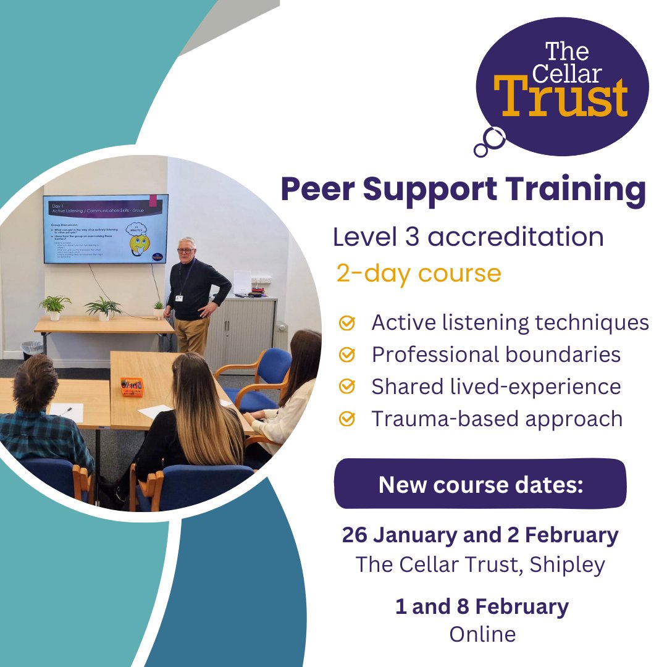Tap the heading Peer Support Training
pos(463,190)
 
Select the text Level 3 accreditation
pos(468,237)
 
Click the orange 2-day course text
pos(418,272)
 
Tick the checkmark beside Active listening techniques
pos(348,322)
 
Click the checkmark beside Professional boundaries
pos(348,354)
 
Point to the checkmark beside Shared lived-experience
pos(348,387)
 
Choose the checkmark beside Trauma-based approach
pos(348,419)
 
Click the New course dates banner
pos(480,484)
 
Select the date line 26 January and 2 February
pos(480,535)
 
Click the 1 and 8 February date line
pos(482,606)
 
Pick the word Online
pos(482,634)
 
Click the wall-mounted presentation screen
pos(105,229)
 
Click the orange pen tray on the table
pos(132,387)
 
